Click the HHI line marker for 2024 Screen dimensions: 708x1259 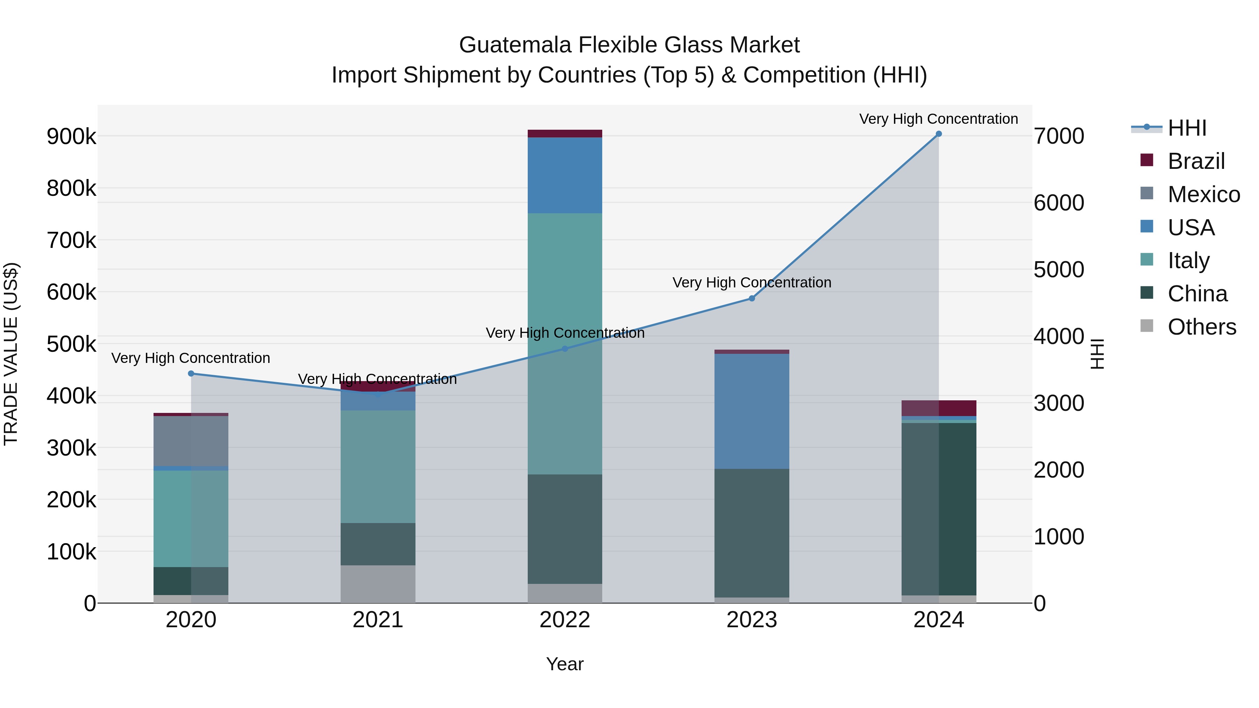coord(938,134)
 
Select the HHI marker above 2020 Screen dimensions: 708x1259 coord(191,374)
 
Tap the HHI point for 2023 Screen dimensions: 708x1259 coord(752,299)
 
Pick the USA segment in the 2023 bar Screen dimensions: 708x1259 coord(752,411)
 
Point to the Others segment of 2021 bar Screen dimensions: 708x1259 coord(378,584)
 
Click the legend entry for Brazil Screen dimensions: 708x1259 coord(1195,161)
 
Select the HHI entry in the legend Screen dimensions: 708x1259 coord(1187,128)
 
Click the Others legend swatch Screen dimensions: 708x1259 coord(1147,326)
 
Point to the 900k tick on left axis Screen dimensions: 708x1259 coord(71,136)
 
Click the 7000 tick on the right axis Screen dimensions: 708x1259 coord(1059,136)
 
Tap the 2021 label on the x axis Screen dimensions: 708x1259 coord(378,620)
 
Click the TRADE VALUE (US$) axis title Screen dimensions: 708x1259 coord(11,354)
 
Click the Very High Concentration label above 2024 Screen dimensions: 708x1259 coord(938,119)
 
